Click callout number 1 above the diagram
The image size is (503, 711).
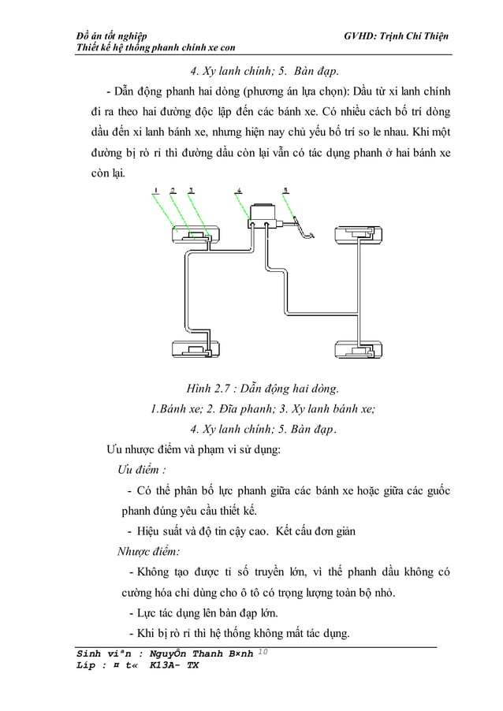pyautogui.click(x=157, y=190)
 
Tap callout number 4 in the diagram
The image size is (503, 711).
pyautogui.click(x=239, y=190)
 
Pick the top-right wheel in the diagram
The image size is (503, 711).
pyautogui.click(x=359, y=234)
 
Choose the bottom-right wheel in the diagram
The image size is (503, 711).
pyautogui.click(x=359, y=348)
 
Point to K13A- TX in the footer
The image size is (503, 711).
pyautogui.click(x=173, y=666)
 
